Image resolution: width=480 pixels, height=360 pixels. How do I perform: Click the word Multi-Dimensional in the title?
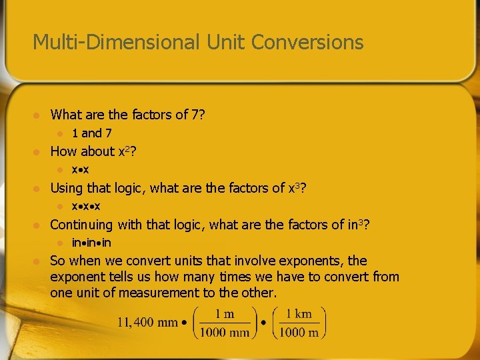click(x=117, y=42)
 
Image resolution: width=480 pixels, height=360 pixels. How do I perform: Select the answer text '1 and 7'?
click(x=91, y=133)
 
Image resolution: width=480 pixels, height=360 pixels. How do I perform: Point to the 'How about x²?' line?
click(x=93, y=151)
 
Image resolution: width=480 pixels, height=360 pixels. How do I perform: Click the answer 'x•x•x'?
click(x=86, y=207)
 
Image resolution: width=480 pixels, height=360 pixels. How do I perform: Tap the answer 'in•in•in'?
click(x=91, y=243)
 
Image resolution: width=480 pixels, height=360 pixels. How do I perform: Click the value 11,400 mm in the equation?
click(x=147, y=323)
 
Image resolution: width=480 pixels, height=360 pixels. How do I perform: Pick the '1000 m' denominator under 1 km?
click(x=299, y=333)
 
